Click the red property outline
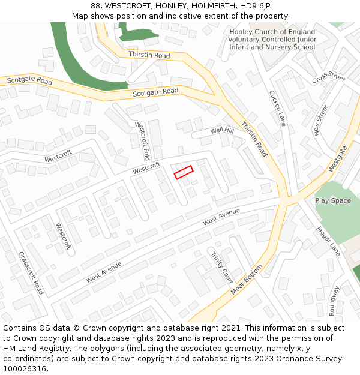point(183,172)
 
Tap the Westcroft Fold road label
point(142,141)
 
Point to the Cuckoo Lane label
point(277,108)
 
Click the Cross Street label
point(329,78)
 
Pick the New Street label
point(322,119)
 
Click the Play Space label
point(333,200)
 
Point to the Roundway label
point(333,301)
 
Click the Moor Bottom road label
point(247,280)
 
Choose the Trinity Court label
point(221,268)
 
